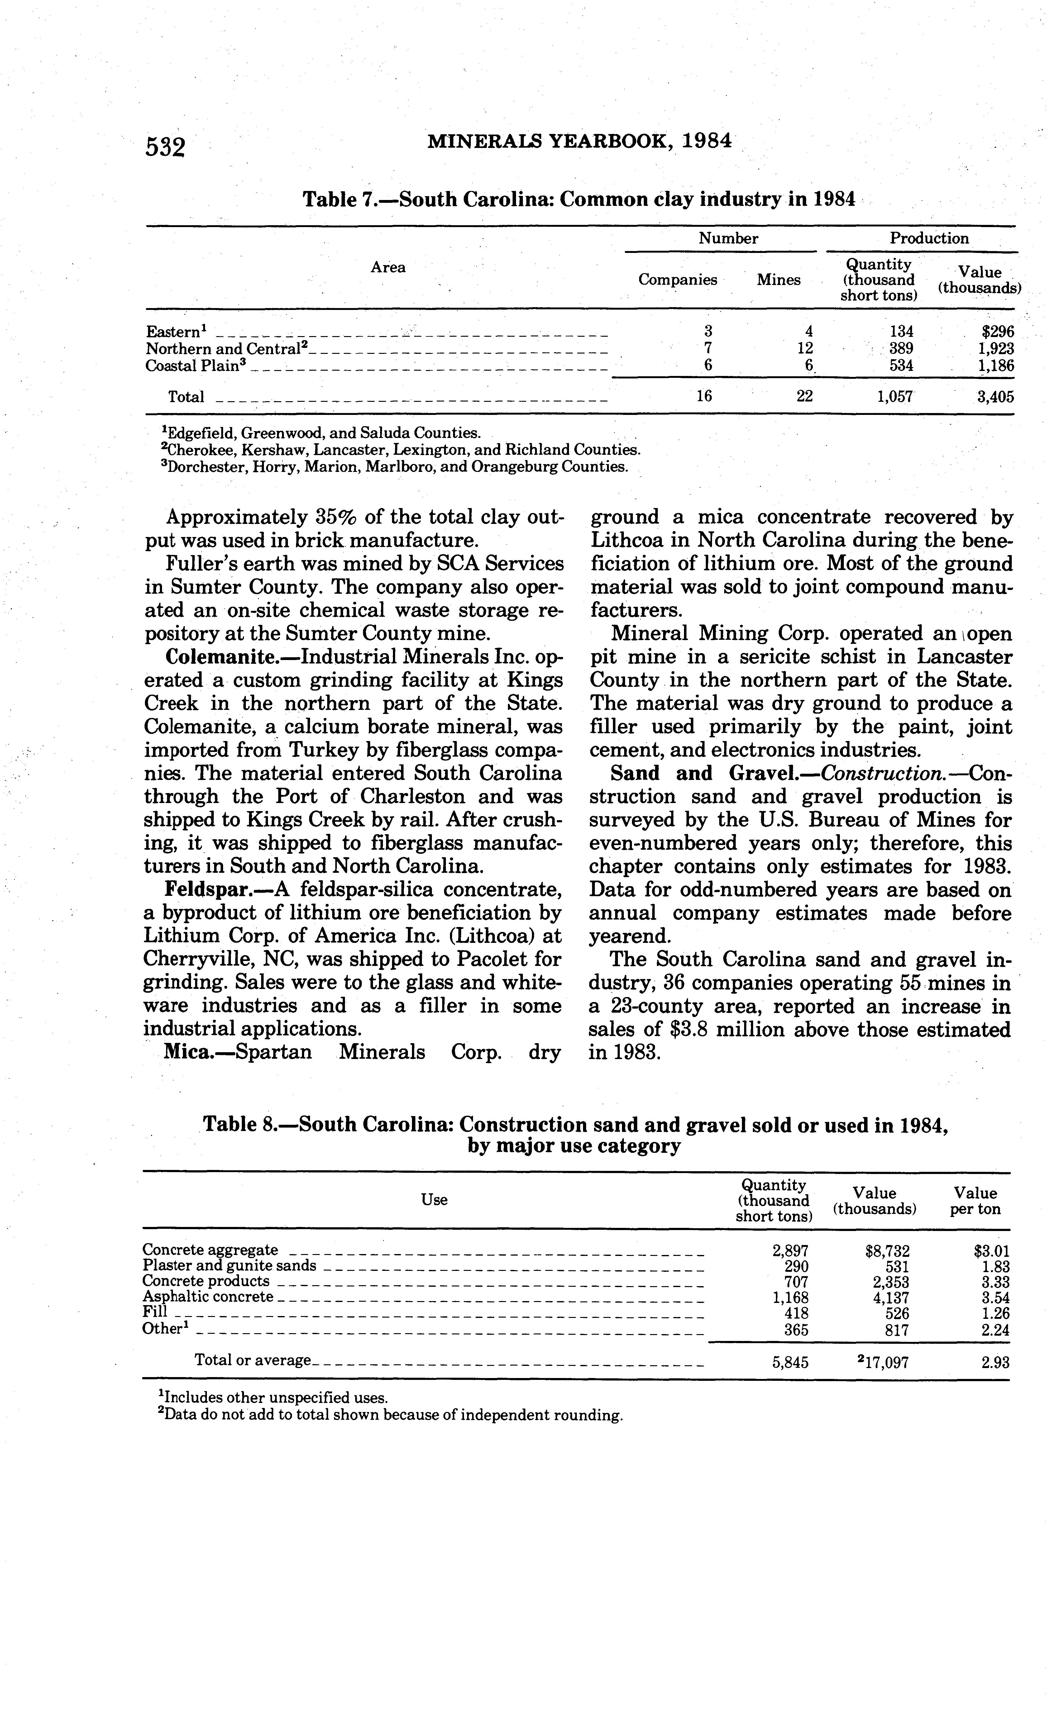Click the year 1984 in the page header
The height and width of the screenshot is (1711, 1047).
706,141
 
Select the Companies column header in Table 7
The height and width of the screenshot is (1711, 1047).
677,280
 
